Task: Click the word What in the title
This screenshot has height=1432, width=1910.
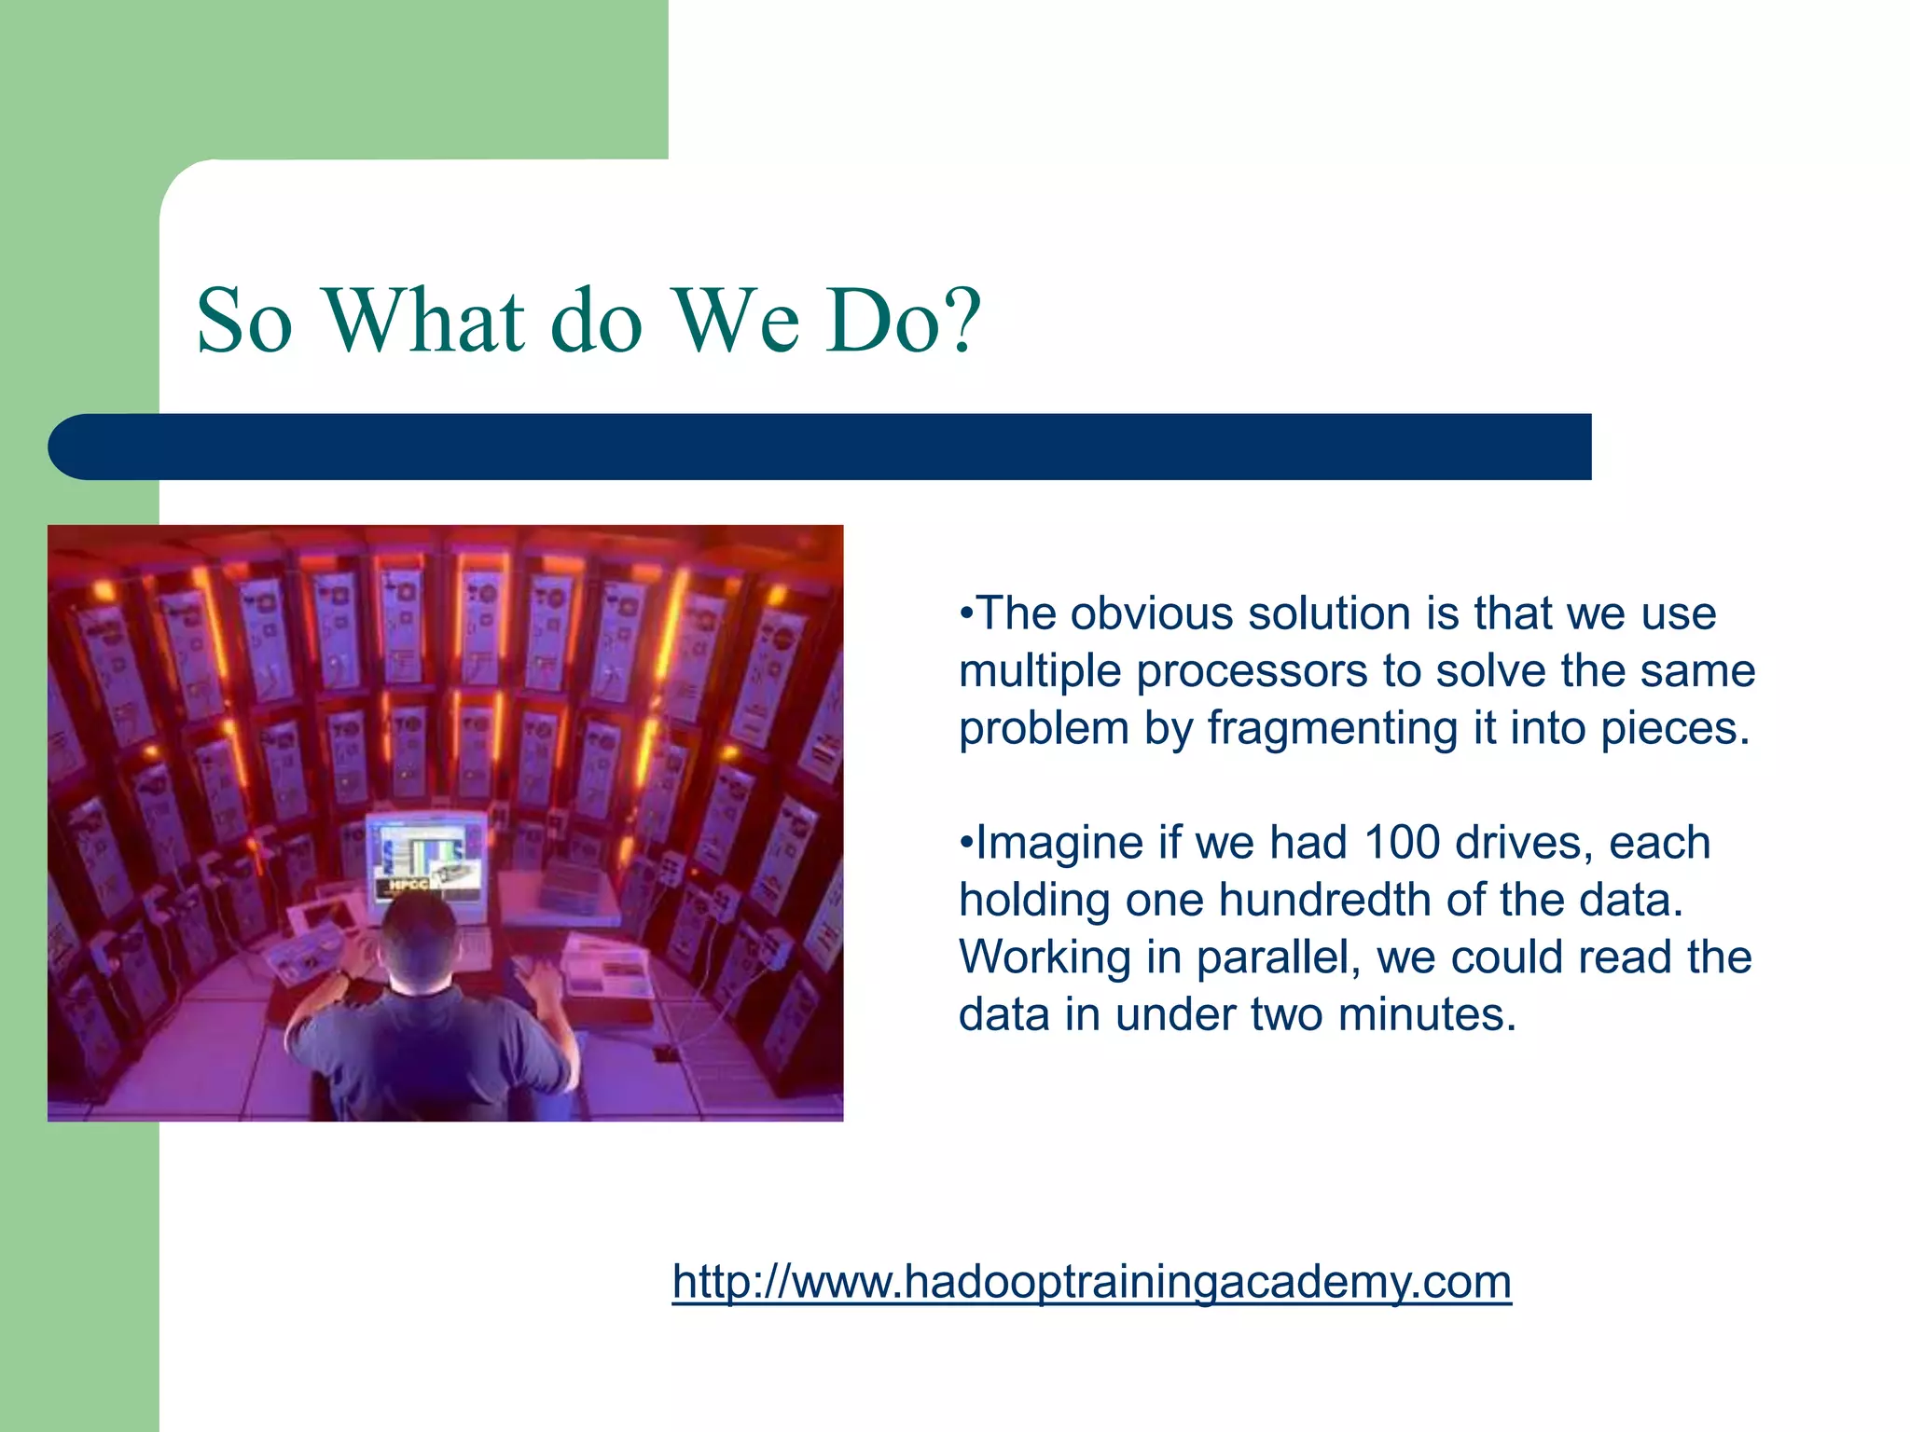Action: pyautogui.click(x=424, y=321)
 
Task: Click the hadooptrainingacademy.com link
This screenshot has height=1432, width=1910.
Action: pyautogui.click(x=1091, y=1281)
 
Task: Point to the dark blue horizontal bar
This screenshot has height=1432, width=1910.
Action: pyautogui.click(x=821, y=447)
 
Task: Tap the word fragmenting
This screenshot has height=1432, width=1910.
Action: pyautogui.click(x=1333, y=729)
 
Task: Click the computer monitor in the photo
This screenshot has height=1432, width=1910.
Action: pyautogui.click(x=426, y=858)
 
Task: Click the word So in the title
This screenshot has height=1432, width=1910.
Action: pyautogui.click(x=244, y=321)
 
